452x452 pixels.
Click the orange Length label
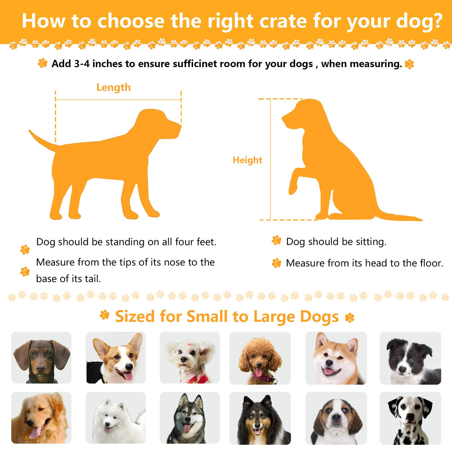pyautogui.click(x=114, y=88)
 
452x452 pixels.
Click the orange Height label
pyautogui.click(x=248, y=160)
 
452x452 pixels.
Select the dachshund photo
pyautogui.click(x=41, y=358)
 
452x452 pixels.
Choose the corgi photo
pyautogui.click(x=116, y=358)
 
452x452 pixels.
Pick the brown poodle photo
pyautogui.click(x=260, y=358)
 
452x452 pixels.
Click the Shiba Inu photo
pyautogui.click(x=336, y=358)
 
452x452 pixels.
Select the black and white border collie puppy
pyautogui.click(x=410, y=358)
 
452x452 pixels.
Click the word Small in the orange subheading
pyautogui.click(x=207, y=316)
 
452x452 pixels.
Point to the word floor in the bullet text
pyautogui.click(x=432, y=263)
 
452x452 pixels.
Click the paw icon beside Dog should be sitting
pyautogui.click(x=276, y=241)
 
